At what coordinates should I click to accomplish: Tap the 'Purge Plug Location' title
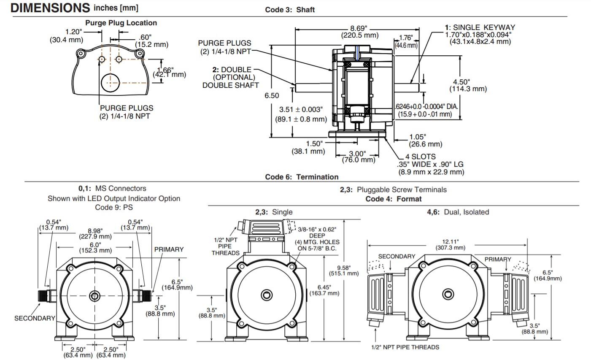(121, 23)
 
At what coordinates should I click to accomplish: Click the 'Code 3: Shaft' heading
(290, 10)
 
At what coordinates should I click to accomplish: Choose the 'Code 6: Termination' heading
(302, 177)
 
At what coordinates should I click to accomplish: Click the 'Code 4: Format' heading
(393, 199)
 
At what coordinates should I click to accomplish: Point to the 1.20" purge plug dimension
(74, 32)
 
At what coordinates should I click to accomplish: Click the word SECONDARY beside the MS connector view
(35, 318)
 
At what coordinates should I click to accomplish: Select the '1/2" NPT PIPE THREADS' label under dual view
(405, 347)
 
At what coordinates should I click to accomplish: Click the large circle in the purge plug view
(111, 81)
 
